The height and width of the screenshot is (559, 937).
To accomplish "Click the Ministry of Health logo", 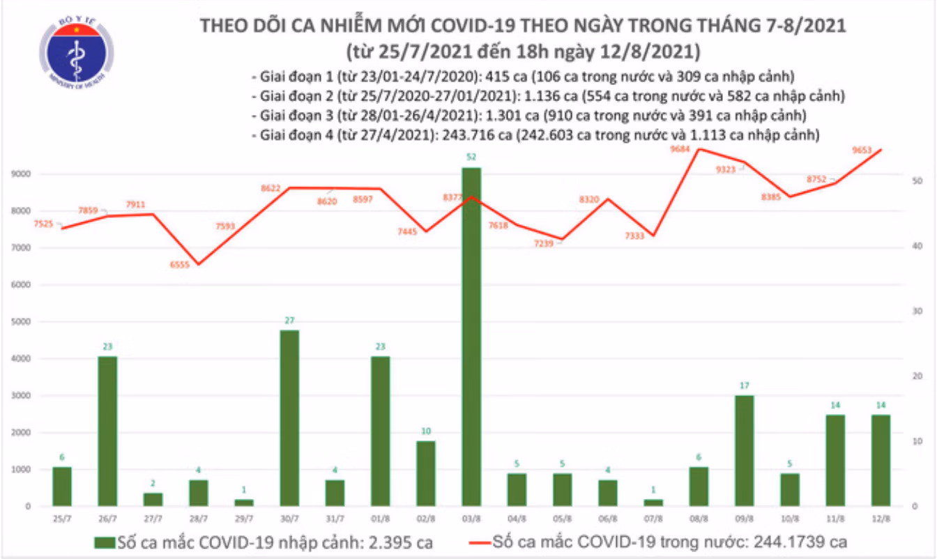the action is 77,52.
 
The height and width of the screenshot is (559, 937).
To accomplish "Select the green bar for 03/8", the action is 471,337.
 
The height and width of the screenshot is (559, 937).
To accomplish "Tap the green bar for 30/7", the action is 289,418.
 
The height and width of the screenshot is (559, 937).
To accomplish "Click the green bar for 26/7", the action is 107,431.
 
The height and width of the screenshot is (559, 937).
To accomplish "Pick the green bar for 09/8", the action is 744,451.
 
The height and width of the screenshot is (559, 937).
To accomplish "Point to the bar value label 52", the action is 471,157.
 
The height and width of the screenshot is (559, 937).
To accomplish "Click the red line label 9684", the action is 680,149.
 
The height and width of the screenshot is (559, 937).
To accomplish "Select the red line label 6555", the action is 179,264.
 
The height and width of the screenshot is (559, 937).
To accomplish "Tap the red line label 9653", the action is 862,150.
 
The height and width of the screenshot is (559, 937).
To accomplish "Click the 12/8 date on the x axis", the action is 881,519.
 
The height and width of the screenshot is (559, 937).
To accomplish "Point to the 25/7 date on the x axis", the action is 62,519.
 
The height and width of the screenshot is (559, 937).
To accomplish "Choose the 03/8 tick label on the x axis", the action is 471,519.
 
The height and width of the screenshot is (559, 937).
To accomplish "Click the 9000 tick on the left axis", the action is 21,174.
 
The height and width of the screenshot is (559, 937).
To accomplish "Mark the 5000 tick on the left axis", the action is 21,321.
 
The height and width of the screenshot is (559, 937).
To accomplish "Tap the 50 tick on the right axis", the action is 917,181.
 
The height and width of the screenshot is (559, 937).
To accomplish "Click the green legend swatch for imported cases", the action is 105,543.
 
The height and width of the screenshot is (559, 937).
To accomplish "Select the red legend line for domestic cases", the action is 480,543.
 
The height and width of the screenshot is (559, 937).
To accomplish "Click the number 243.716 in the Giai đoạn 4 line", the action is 468,135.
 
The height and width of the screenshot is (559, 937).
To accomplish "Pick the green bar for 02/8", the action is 426,474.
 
